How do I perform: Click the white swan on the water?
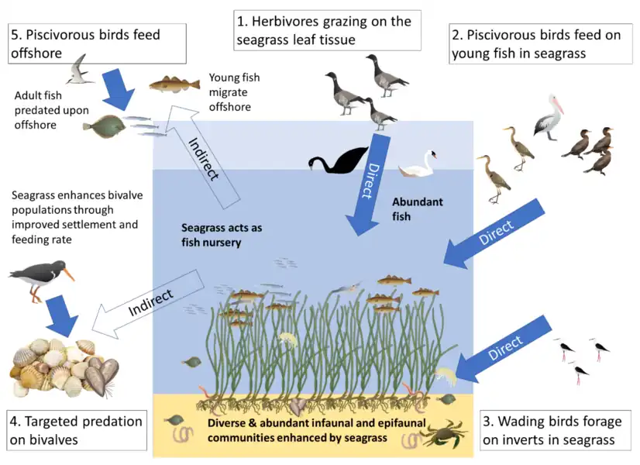418,165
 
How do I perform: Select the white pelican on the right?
549,116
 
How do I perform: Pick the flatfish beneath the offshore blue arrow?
104,126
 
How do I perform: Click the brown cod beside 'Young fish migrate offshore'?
169,83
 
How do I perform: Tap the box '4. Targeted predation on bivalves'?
75,431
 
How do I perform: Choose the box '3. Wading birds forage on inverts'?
552,431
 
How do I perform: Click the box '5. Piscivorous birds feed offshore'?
96,43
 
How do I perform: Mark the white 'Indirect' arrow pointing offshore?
200,151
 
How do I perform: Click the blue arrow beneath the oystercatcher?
61,315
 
